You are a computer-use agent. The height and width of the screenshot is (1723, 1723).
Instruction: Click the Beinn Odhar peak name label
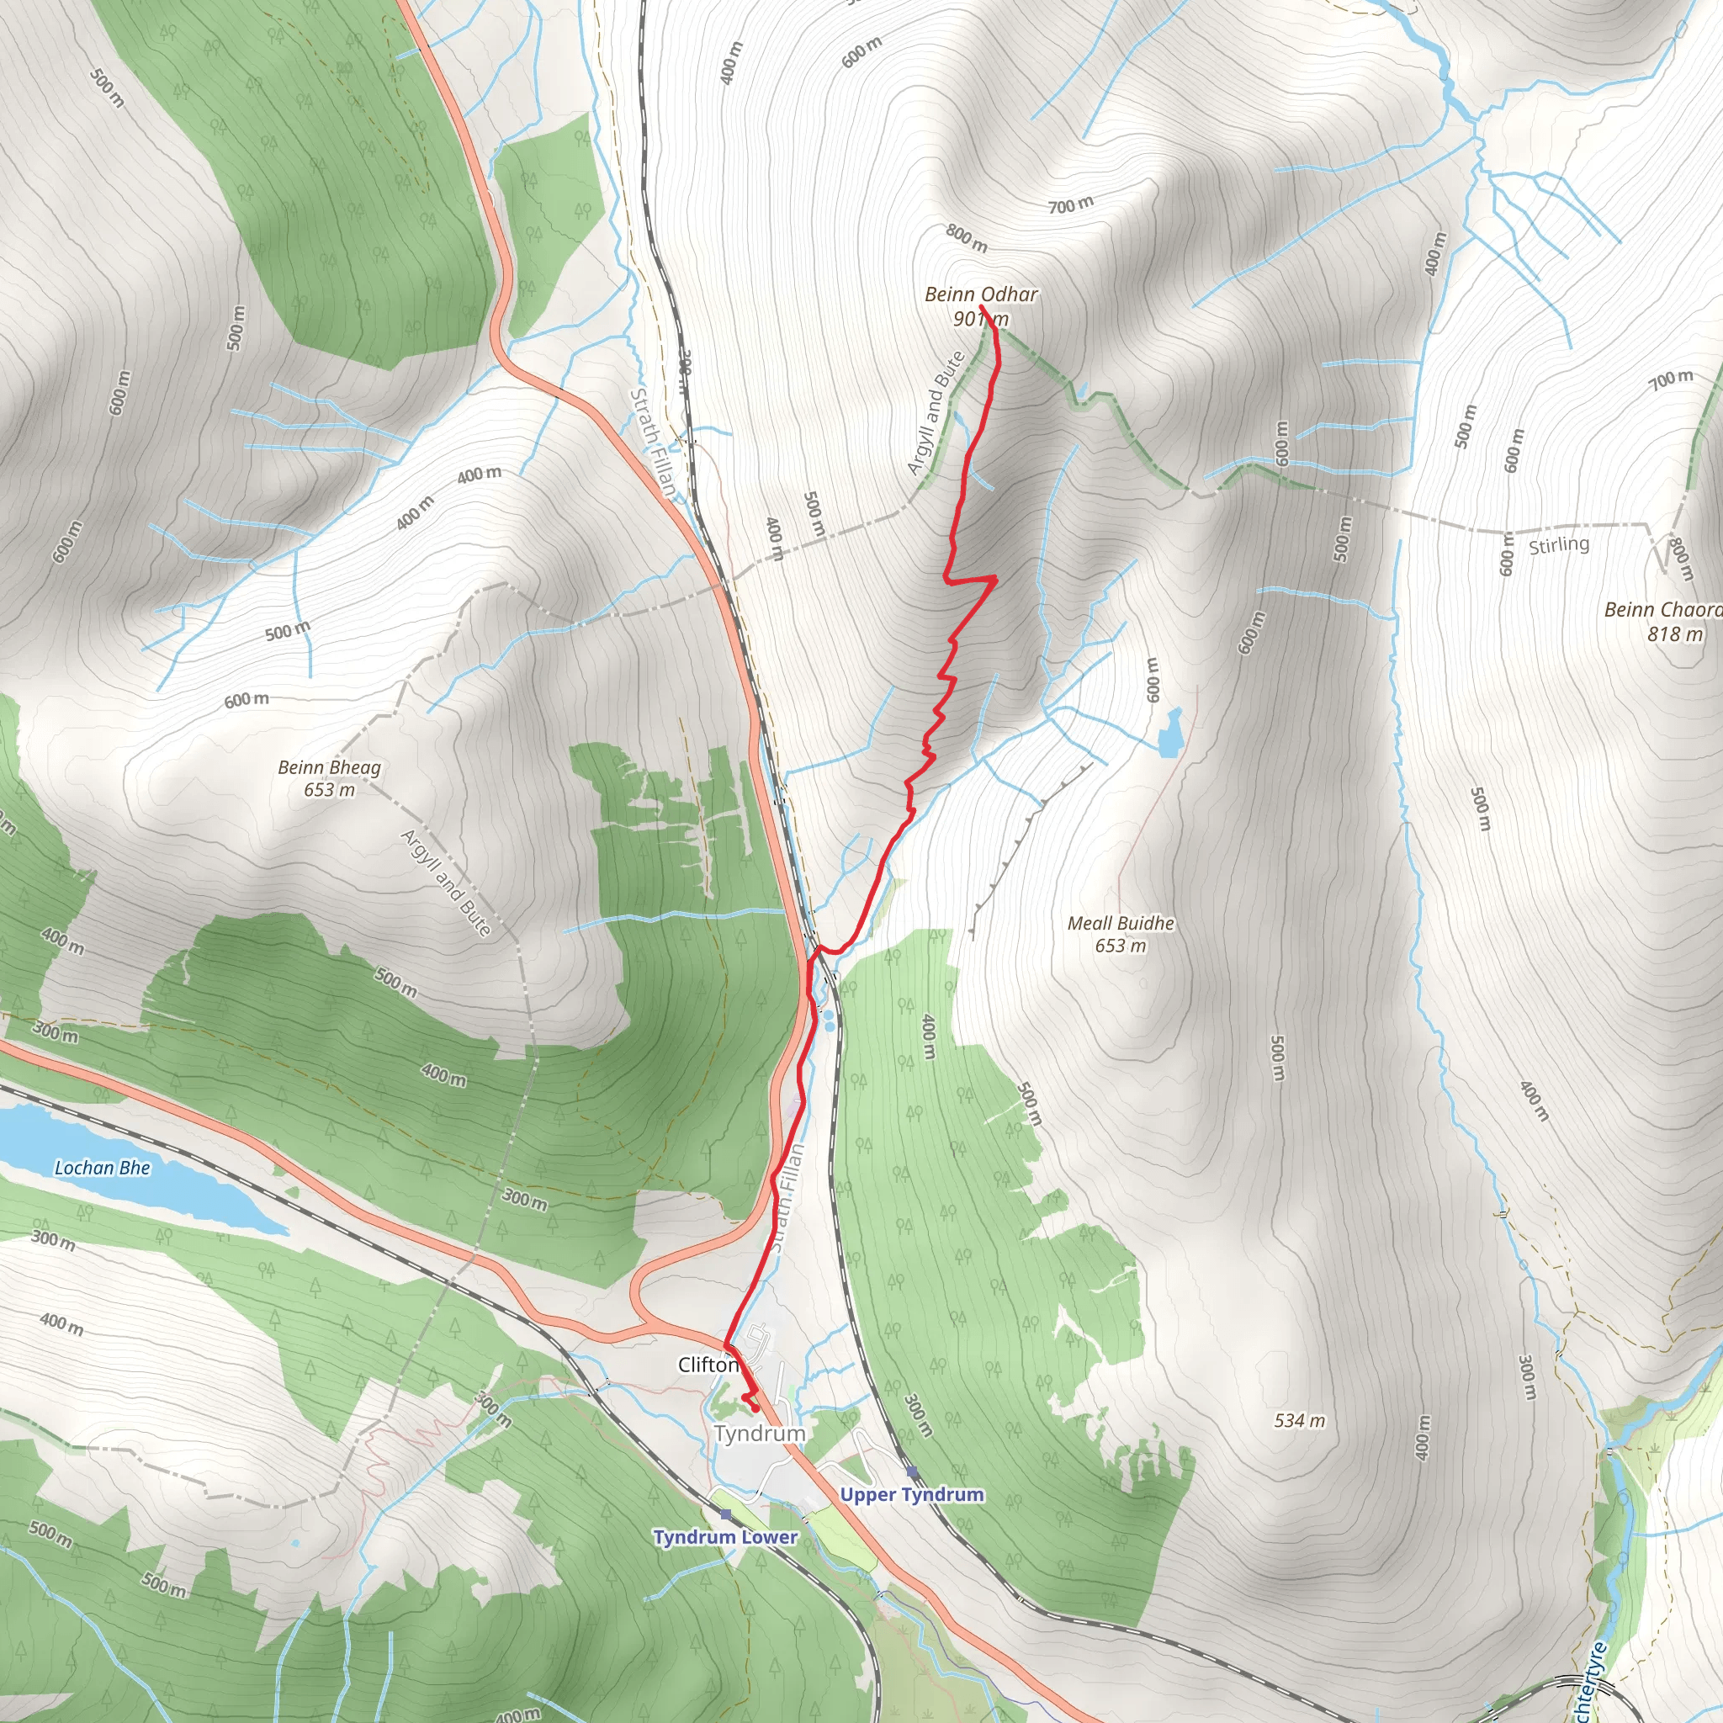[981, 294]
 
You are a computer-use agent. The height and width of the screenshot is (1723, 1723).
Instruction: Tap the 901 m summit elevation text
[981, 318]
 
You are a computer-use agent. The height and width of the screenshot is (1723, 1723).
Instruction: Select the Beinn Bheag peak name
[329, 767]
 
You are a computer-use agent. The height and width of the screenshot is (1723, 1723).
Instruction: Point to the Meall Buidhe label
[1120, 923]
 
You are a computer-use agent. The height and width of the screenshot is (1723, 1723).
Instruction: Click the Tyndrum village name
[759, 1432]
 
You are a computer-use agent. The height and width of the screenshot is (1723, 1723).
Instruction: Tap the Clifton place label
[708, 1365]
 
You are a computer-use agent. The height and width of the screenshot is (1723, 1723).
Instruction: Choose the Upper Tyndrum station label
[911, 1494]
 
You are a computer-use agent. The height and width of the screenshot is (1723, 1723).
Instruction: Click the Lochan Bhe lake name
[103, 1168]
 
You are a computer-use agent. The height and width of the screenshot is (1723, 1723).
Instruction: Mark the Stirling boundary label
[1559, 544]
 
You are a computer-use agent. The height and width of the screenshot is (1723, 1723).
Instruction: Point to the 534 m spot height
[1298, 1420]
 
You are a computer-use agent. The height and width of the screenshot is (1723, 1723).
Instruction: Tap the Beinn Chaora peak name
[1662, 610]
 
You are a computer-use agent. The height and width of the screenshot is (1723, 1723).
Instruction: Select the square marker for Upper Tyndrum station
[911, 1471]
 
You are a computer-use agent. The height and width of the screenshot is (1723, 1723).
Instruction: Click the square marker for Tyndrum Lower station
[725, 1514]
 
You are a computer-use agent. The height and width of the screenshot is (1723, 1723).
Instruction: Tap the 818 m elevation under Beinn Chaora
[1675, 634]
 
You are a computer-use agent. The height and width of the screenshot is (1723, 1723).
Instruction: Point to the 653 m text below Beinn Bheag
[329, 790]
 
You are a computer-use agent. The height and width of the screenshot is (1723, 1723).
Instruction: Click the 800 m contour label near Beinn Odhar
[967, 237]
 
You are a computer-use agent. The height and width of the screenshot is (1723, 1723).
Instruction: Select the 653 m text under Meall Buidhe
[1120, 946]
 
